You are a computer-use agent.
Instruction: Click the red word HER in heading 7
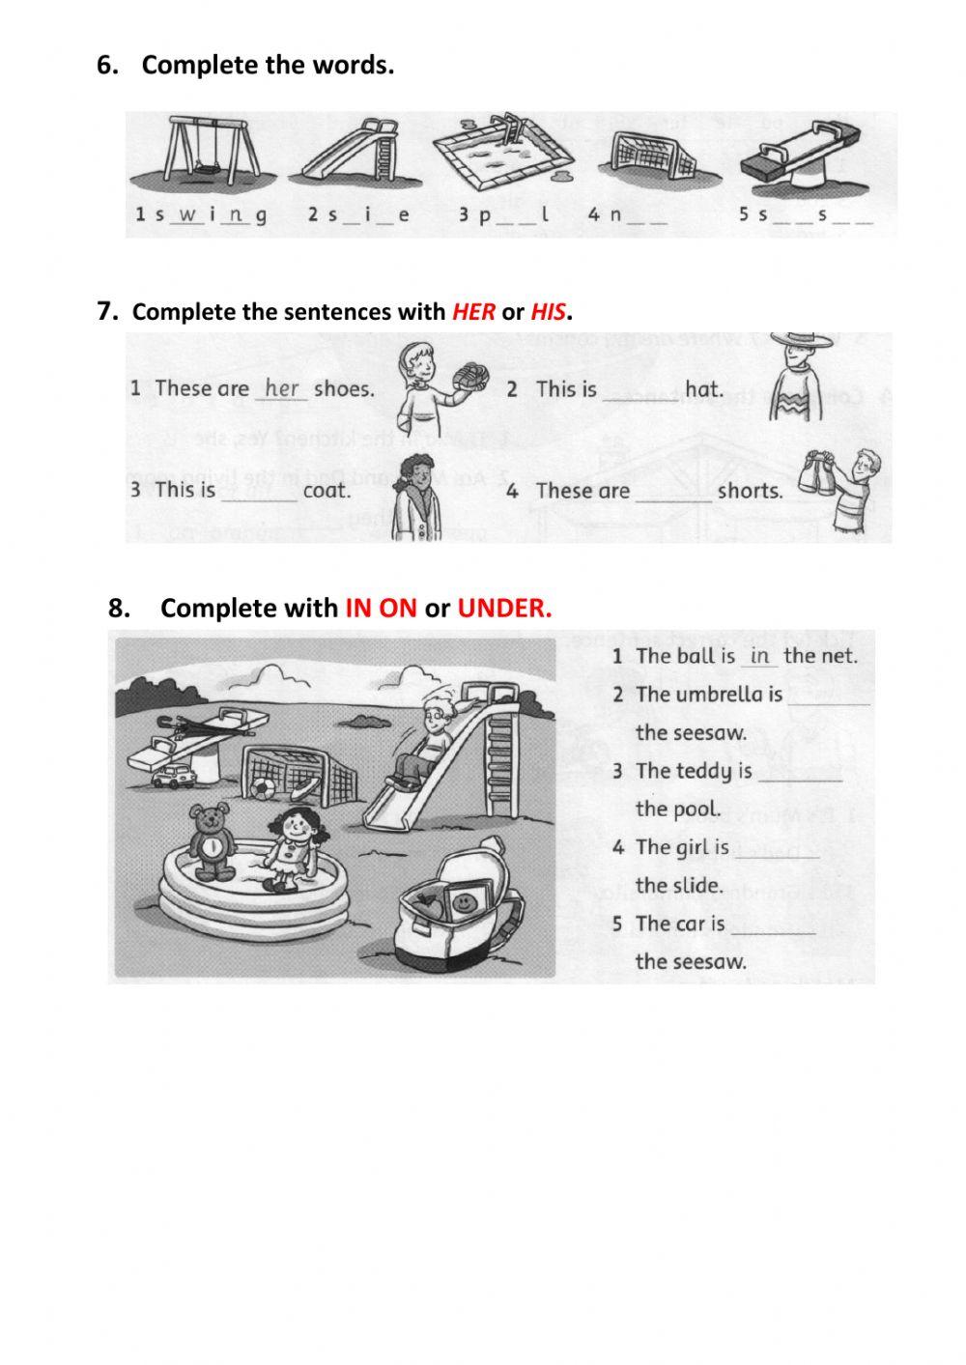[x=473, y=312]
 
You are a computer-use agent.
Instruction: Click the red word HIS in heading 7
[x=548, y=312]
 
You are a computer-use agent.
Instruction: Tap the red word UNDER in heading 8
[x=504, y=608]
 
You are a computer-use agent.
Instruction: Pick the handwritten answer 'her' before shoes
[x=282, y=388]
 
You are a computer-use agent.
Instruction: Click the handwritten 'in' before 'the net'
[x=760, y=656]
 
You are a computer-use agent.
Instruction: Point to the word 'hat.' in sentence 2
[x=703, y=388]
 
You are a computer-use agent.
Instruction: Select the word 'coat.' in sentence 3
[x=327, y=490]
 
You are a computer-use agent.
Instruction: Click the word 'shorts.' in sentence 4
[x=751, y=491]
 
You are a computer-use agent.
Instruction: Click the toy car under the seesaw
[x=174, y=776]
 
